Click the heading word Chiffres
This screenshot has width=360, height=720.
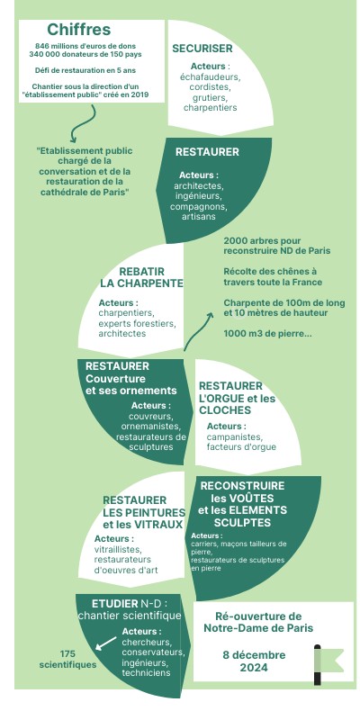click(79, 30)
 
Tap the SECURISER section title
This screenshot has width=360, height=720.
click(202, 49)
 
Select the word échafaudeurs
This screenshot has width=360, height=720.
click(210, 76)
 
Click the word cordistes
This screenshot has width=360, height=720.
click(210, 86)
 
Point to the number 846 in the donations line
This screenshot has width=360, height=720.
click(42, 46)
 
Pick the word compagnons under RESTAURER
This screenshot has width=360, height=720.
click(198, 207)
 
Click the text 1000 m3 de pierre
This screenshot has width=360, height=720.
click(267, 334)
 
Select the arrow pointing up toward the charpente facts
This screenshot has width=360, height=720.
click(197, 330)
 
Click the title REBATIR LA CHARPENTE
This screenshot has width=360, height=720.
click(141, 277)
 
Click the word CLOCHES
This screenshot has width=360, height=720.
click(225, 410)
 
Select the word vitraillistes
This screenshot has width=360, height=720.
click(118, 549)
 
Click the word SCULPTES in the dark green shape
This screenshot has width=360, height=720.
click(242, 523)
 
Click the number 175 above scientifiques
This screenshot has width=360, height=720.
click(67, 654)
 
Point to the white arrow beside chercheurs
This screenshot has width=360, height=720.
click(105, 643)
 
